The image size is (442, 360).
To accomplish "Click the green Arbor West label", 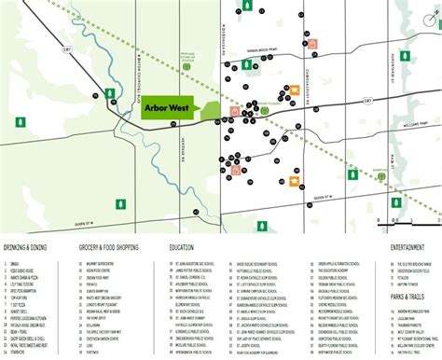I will coord(173,108).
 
